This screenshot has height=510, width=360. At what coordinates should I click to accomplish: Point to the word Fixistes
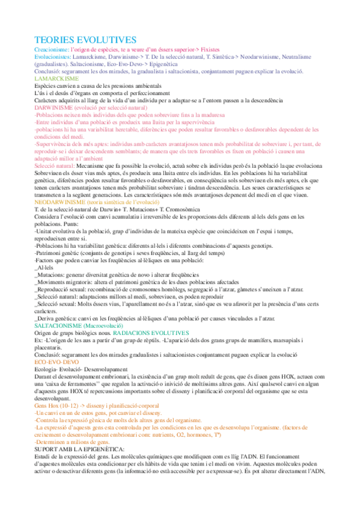coord(207,49)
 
